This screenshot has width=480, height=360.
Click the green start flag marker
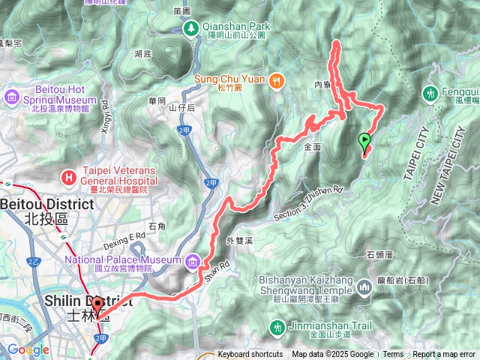point(365,139)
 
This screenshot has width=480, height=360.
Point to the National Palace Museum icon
point(193,261)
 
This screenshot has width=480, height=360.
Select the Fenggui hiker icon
point(431,94)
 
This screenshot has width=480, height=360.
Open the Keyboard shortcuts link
point(250,355)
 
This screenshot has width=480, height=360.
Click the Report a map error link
point(444,355)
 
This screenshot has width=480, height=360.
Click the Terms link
point(393,355)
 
